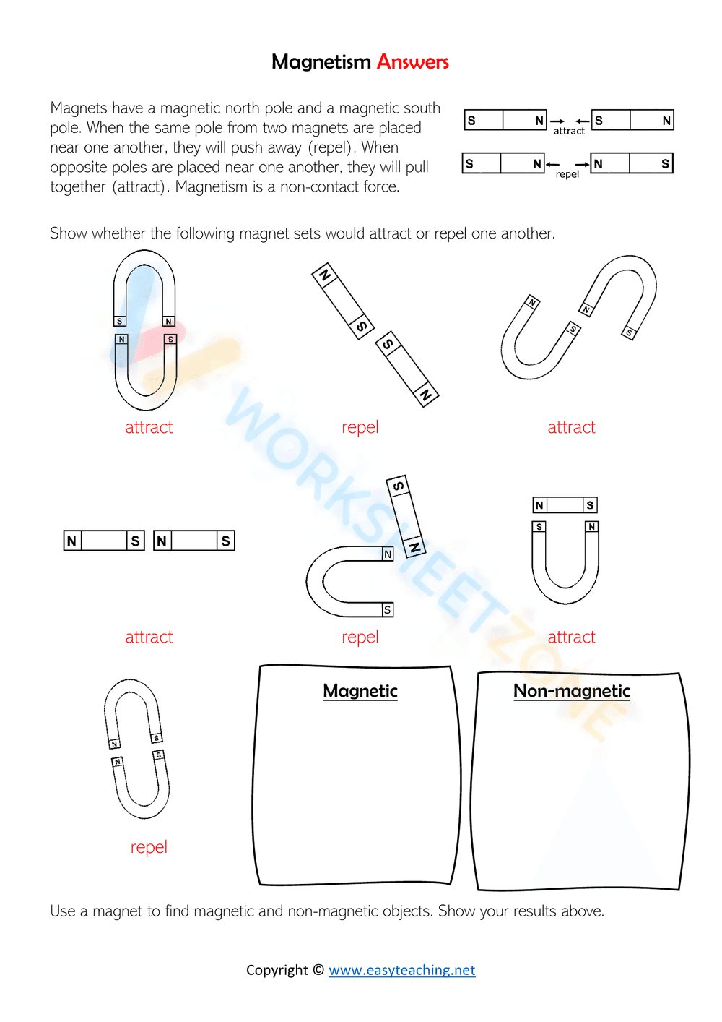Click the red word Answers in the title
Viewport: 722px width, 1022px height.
point(412,62)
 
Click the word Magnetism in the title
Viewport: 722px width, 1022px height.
point(321,62)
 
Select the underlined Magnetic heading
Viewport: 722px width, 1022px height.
point(360,691)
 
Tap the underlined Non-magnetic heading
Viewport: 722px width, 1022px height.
point(571,691)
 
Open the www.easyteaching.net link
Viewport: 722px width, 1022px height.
point(401,970)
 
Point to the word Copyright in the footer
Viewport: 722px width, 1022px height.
point(277,970)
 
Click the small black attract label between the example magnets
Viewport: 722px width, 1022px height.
point(569,131)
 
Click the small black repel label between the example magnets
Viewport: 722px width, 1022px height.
point(567,174)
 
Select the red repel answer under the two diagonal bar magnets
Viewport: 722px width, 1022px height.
point(360,427)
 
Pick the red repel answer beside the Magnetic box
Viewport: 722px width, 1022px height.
point(149,847)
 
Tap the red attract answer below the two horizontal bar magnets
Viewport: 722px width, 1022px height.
point(149,637)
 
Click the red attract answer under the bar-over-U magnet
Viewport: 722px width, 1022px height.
point(571,637)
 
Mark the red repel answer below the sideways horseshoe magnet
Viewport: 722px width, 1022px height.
point(360,637)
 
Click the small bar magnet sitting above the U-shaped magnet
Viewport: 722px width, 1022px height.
point(565,505)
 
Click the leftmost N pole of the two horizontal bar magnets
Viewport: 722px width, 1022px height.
point(71,541)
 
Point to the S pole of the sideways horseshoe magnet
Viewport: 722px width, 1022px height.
point(388,610)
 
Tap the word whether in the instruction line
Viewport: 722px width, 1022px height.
point(119,233)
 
